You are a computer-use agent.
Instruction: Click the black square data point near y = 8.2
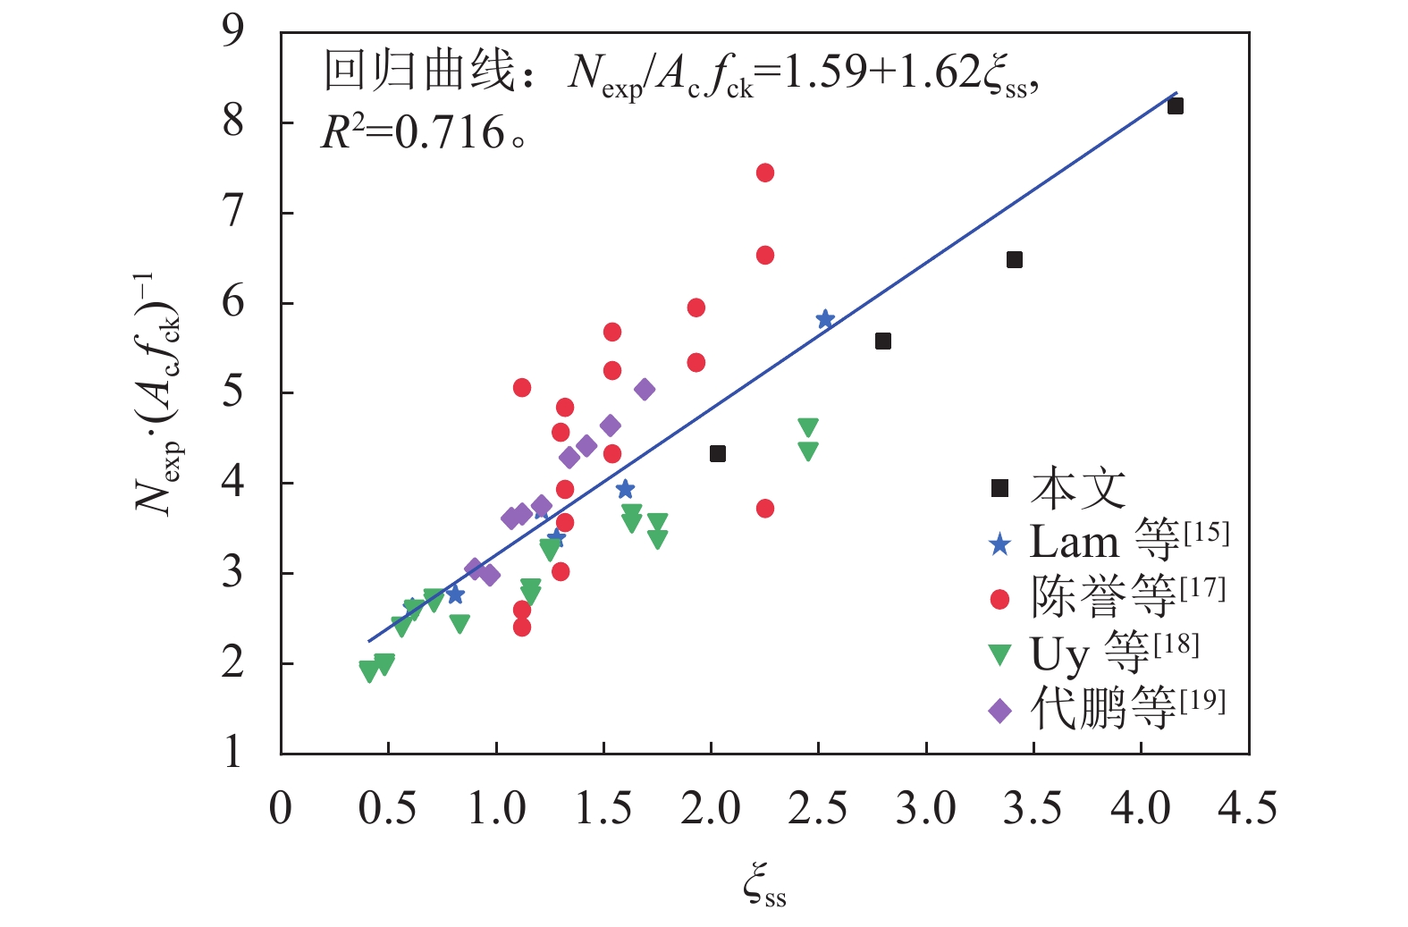click(1175, 106)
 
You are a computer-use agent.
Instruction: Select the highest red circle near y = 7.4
click(764, 173)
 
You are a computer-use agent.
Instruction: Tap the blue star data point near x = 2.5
click(825, 319)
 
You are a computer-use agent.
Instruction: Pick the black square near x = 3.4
click(1014, 260)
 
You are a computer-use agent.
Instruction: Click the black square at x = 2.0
click(717, 454)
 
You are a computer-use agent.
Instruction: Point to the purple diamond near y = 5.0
click(645, 390)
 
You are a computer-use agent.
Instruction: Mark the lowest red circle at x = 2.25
click(764, 509)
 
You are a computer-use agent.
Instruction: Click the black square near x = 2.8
click(882, 341)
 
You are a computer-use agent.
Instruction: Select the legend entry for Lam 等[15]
click(1109, 542)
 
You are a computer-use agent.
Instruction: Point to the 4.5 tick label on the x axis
click(1247, 808)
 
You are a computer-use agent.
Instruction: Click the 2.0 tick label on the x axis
click(710, 808)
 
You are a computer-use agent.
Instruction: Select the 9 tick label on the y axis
click(232, 32)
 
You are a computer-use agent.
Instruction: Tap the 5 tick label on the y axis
click(232, 392)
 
